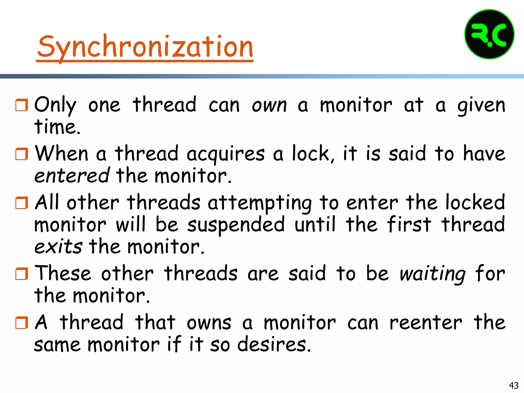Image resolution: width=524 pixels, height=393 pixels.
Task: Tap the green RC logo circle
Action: click(489, 35)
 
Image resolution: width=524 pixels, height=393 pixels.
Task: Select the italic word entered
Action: click(72, 176)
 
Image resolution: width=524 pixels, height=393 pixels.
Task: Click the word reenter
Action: click(425, 323)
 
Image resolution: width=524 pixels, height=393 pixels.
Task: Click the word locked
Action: click(475, 202)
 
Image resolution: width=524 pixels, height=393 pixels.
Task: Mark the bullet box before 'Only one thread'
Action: click(22, 105)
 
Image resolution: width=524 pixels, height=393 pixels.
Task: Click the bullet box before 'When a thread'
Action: click(22, 154)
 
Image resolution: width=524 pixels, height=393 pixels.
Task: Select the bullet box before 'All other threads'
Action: click(22, 203)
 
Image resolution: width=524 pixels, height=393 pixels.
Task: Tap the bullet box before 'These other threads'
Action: click(22, 274)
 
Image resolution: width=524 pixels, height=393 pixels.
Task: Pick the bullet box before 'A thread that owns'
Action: click(22, 323)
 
